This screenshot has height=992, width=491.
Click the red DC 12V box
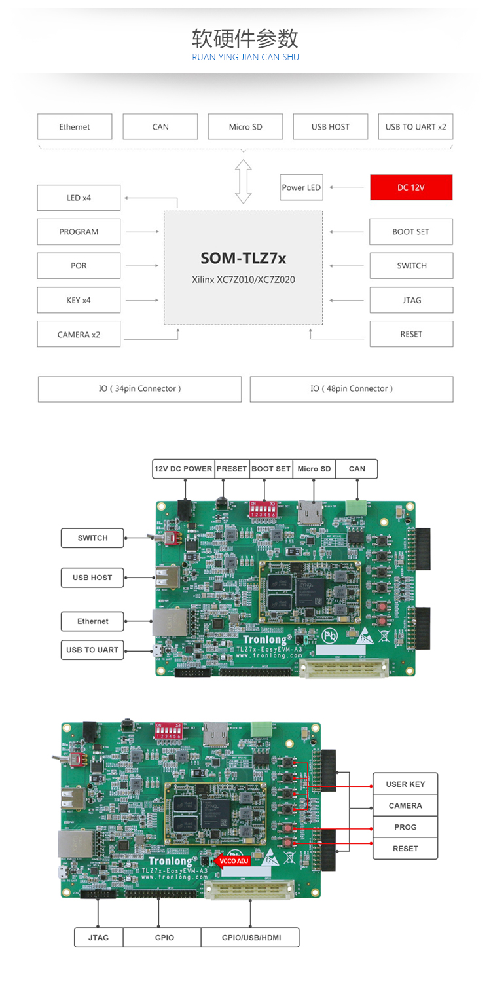(x=411, y=187)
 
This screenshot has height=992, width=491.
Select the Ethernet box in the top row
(x=75, y=127)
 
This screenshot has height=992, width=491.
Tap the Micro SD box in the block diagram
(x=245, y=127)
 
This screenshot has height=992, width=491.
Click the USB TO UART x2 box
(x=416, y=127)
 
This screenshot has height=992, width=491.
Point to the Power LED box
(x=301, y=187)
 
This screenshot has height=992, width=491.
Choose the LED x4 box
(x=79, y=198)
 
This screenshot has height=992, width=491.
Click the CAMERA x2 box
(x=79, y=335)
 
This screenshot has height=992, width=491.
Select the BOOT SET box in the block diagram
(x=411, y=232)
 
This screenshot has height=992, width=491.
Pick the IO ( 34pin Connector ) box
(x=139, y=389)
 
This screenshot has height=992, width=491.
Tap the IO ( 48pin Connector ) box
(x=352, y=389)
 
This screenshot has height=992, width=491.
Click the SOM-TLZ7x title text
(x=243, y=259)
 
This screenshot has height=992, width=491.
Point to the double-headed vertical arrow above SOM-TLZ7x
(x=244, y=181)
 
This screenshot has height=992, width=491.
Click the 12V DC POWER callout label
(x=183, y=469)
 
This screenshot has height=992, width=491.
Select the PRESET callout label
(x=232, y=469)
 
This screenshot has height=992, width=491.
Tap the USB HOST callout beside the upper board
(x=92, y=578)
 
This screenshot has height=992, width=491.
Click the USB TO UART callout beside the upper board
(x=92, y=650)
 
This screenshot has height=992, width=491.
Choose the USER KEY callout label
(x=405, y=784)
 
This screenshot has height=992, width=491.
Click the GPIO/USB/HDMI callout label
(x=251, y=938)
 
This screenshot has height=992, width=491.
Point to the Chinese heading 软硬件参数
(x=245, y=39)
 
